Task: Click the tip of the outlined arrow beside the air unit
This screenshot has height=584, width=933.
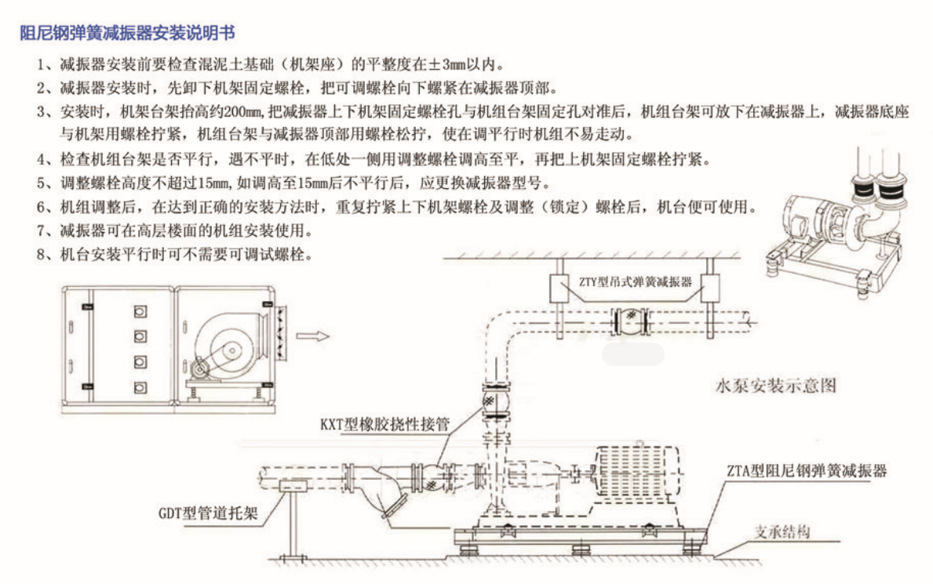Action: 329,336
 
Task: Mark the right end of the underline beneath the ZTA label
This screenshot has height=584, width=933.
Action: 887,480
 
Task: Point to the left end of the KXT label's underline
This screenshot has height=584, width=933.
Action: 341,433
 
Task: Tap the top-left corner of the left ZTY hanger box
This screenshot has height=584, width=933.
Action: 550,275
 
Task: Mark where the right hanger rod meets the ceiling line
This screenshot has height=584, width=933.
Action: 710,258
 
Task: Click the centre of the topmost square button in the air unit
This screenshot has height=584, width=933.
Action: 140,312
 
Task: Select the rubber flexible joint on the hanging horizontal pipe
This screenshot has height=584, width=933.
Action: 631,321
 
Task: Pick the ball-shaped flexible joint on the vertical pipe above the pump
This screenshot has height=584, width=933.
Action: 496,401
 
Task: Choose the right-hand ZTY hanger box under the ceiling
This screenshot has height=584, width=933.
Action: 710,289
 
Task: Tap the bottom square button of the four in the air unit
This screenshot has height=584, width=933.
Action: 140,388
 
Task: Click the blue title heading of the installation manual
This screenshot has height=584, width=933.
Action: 127,33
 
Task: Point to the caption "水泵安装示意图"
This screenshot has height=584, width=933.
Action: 776,386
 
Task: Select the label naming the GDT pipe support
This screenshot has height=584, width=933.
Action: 208,513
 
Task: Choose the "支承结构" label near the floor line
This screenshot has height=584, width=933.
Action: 782,531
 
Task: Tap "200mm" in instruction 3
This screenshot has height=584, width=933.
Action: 240,111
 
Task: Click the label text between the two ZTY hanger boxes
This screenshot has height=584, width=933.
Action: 636,282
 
